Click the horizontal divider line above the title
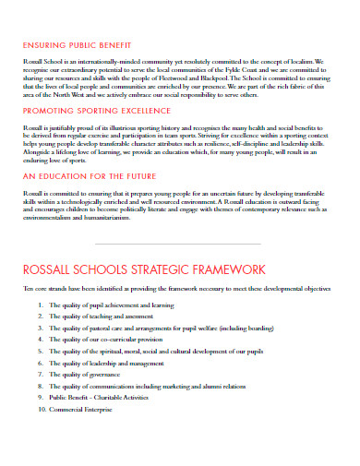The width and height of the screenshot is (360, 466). point(179,243)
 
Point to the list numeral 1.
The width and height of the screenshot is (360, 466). point(40,304)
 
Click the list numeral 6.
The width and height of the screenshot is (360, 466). point(40,364)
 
